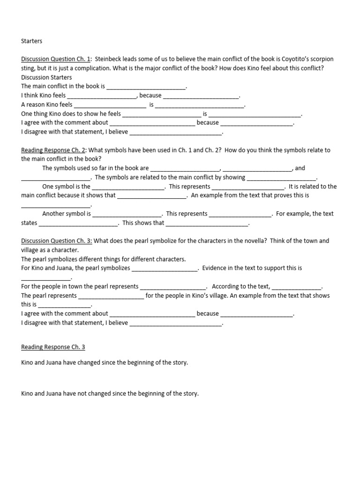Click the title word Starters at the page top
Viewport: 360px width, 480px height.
(31, 41)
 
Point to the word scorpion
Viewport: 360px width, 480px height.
(322, 59)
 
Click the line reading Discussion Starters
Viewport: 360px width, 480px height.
(46, 77)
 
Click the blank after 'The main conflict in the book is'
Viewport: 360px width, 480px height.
(147, 87)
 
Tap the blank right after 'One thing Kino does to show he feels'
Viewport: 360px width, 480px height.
(161, 114)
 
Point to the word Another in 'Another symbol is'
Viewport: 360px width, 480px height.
(53, 214)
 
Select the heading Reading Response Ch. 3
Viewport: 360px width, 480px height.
(53, 347)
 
